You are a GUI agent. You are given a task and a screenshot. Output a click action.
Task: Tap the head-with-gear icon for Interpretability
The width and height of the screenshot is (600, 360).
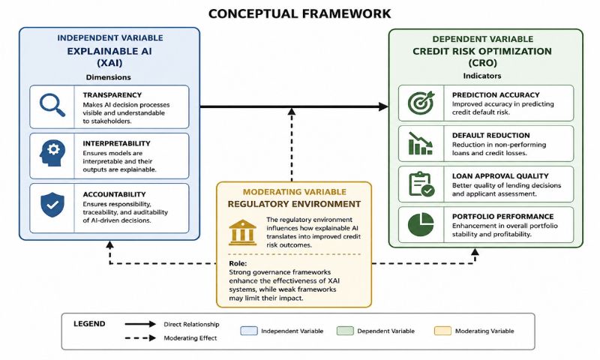(x=52, y=153)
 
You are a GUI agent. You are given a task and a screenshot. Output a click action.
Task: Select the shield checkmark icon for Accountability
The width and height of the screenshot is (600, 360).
(x=52, y=205)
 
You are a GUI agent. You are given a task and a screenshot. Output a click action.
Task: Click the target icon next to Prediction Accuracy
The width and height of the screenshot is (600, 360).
(x=421, y=103)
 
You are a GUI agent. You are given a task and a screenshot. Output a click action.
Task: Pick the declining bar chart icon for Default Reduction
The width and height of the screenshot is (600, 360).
(x=421, y=143)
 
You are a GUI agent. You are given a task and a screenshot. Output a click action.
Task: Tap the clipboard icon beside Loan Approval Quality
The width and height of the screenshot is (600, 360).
(x=421, y=184)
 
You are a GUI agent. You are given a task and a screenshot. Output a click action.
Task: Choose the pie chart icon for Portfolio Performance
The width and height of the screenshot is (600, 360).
(x=421, y=224)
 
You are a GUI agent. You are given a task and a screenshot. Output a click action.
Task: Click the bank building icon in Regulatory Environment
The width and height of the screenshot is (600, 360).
(x=242, y=232)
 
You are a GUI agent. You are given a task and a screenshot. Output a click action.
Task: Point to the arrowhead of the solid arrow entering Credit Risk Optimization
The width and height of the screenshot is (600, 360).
(x=383, y=106)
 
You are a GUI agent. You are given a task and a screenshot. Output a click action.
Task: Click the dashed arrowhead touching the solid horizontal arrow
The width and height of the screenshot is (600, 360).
(x=292, y=111)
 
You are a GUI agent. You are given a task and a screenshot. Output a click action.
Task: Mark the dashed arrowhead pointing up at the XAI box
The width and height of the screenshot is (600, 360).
(x=109, y=244)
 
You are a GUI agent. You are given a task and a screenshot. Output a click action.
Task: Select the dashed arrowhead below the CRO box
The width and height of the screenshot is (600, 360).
(x=475, y=252)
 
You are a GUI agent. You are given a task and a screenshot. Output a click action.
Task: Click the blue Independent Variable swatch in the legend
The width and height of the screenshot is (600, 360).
(x=249, y=331)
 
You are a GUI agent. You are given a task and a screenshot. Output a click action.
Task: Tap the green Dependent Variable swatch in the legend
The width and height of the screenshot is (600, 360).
(x=345, y=331)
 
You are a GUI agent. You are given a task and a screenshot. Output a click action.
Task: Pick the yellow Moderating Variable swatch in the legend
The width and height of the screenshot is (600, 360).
(x=442, y=331)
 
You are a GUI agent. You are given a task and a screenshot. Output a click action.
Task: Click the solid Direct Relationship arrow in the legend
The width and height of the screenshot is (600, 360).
(x=140, y=324)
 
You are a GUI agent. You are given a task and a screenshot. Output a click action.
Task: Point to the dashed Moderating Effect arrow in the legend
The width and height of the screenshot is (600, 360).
(x=140, y=338)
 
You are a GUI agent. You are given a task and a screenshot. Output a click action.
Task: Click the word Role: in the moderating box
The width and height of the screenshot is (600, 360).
(x=238, y=263)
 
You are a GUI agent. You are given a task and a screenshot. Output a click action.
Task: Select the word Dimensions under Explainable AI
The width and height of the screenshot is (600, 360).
(x=108, y=77)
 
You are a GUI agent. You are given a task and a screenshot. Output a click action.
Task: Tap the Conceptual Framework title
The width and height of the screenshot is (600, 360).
(x=299, y=13)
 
